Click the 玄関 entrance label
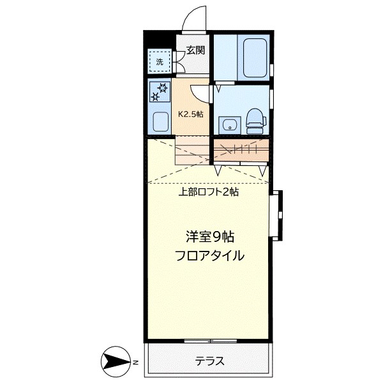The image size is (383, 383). pyautogui.click(x=195, y=50)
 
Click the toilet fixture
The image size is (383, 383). pyautogui.click(x=255, y=119)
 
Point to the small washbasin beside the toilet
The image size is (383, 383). pyautogui.click(x=228, y=124)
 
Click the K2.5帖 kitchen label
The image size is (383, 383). pyautogui.click(x=190, y=114)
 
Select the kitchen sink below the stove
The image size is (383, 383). pyautogui.click(x=160, y=121)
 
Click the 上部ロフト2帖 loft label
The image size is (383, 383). pyautogui.click(x=208, y=191)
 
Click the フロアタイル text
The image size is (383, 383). pyautogui.click(x=209, y=256)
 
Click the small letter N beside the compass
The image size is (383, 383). pyautogui.click(x=135, y=362)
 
